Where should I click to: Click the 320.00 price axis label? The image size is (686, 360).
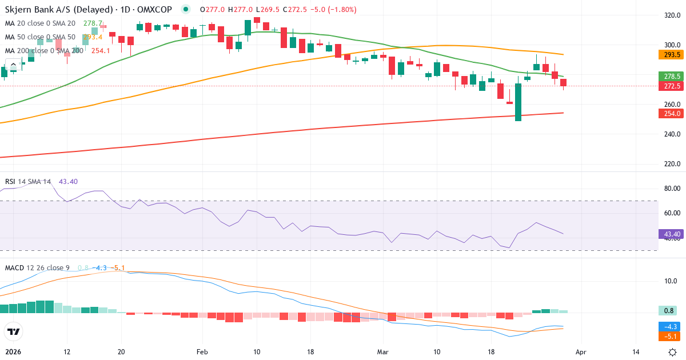[x=672, y=15]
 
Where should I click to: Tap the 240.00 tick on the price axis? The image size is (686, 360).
[x=672, y=134]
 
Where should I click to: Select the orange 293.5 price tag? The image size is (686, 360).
[x=672, y=55]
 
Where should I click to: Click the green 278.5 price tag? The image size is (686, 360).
[x=672, y=76]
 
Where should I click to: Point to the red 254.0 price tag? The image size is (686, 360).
[x=672, y=114]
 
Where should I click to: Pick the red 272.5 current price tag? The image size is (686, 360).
[x=672, y=86]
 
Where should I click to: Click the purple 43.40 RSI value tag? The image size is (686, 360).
[x=672, y=234]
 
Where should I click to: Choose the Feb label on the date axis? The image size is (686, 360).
[x=203, y=352]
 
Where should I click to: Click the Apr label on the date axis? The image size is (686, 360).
[x=581, y=352]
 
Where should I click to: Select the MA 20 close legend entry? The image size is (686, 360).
[x=40, y=23]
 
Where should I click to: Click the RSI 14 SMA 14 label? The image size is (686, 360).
[x=28, y=182]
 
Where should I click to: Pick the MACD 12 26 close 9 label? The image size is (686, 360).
[x=38, y=267]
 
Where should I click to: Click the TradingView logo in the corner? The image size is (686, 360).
[x=13, y=331]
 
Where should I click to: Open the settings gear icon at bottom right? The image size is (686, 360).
[x=673, y=352]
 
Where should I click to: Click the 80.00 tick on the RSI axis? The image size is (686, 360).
[x=672, y=189]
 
